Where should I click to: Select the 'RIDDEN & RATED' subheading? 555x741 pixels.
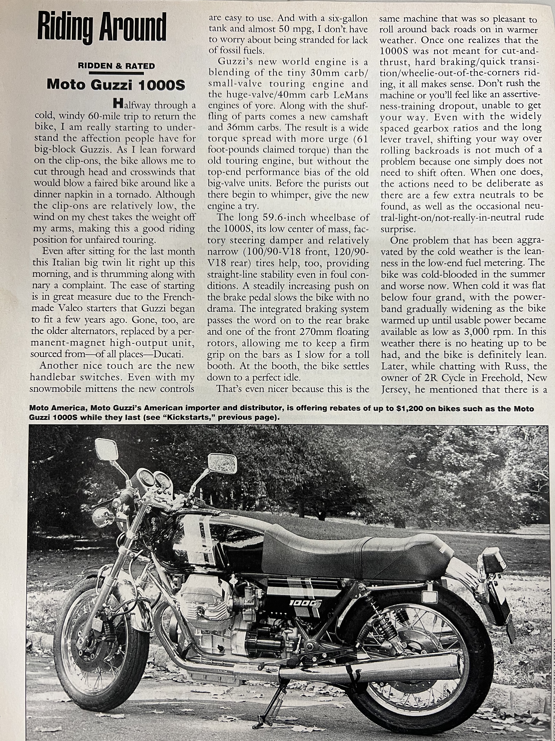pyautogui.click(x=116, y=66)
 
